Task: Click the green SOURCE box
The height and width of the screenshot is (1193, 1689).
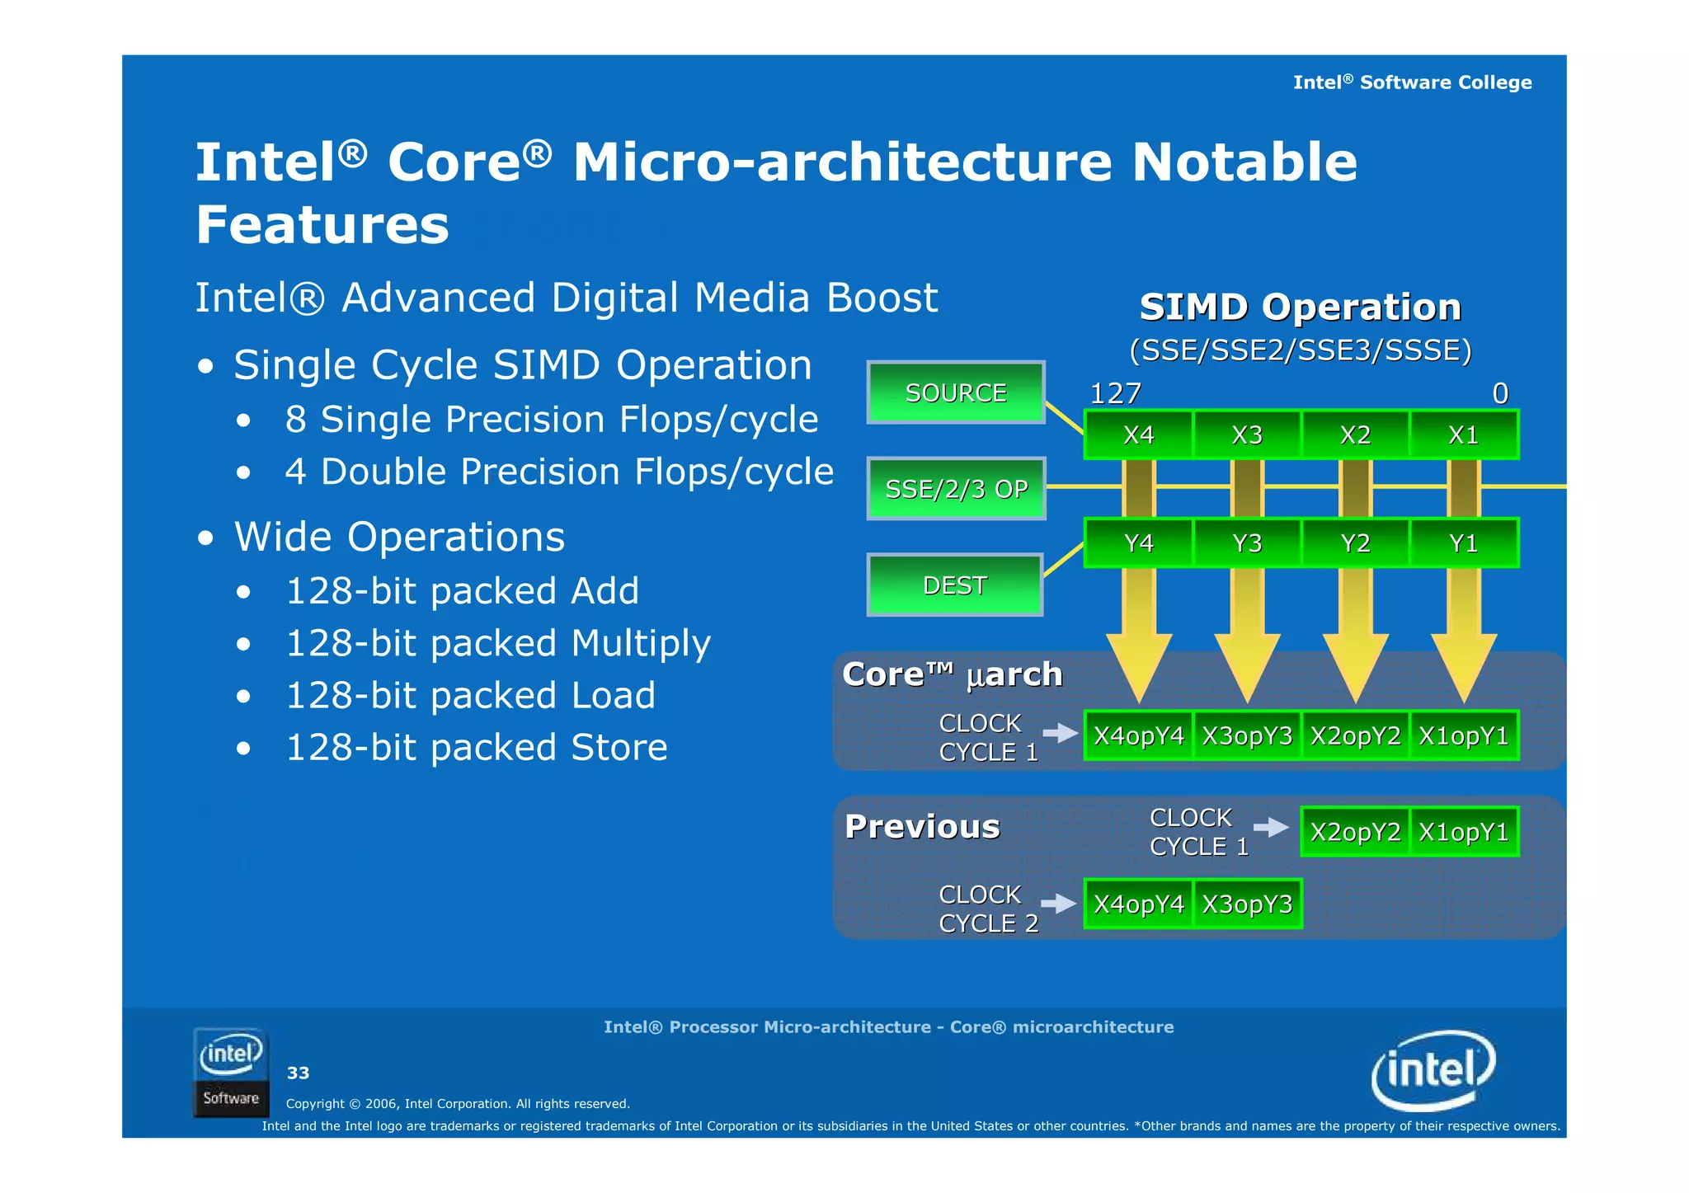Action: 956,392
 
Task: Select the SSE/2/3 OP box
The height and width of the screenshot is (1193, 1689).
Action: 956,489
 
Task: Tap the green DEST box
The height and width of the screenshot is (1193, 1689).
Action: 954,585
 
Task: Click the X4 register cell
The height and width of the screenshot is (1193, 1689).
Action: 1138,434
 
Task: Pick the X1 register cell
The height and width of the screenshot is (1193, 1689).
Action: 1463,434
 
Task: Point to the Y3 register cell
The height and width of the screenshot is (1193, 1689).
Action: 1247,543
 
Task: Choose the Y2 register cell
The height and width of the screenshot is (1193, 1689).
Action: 1355,543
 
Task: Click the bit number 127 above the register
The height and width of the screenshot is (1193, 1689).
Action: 1115,393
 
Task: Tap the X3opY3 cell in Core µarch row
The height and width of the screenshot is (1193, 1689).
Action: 1247,735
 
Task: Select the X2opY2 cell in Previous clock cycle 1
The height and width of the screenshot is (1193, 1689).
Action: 1355,832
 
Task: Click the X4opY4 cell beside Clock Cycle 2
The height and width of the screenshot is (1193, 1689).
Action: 1138,904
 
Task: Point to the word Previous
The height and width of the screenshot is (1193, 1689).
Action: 922,826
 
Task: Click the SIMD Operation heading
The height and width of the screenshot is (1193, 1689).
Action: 1300,307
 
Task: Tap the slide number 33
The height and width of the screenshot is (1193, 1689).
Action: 298,1073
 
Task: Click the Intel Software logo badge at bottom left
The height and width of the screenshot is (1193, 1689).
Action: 231,1072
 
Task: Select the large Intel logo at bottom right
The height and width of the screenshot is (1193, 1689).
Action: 1433,1070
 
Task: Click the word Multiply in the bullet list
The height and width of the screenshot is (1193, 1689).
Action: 641,643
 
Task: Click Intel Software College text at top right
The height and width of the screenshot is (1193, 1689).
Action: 1412,82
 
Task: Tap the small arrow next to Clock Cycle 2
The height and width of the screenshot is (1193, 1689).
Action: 1059,904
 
